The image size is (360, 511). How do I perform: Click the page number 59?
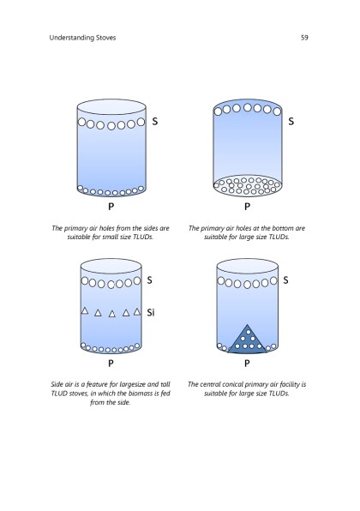click(304, 38)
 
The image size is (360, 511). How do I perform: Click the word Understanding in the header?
click(68, 38)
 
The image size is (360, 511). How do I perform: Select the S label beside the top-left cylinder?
click(155, 122)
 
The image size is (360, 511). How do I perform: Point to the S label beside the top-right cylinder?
click(291, 122)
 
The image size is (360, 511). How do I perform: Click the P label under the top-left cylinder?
click(111, 207)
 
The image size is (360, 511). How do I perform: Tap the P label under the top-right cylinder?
click(247, 207)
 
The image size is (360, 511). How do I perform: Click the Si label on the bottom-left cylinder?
click(151, 313)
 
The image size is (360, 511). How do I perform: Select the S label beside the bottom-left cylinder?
click(149, 280)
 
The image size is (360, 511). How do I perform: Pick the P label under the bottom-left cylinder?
click(111, 363)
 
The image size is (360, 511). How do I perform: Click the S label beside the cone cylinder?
click(285, 280)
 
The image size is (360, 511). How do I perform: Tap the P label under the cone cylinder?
click(247, 363)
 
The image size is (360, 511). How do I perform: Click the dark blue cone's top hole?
click(249, 332)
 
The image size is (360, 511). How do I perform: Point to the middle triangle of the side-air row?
click(112, 314)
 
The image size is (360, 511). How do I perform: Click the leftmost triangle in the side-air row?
click(85, 310)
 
